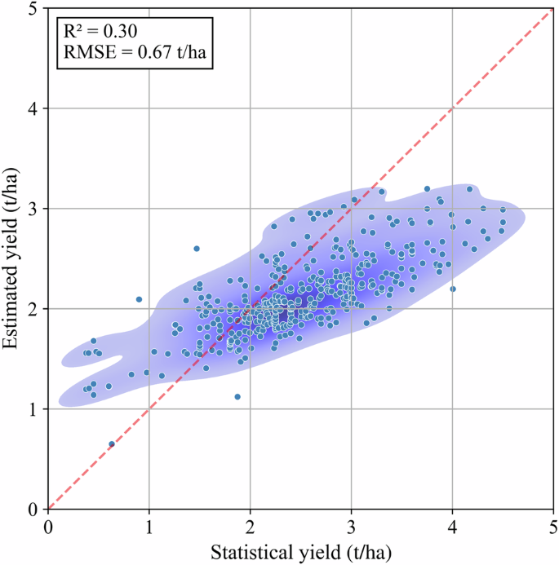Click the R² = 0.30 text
tap(100, 31)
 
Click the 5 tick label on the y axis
tap(35, 8)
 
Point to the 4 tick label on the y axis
tap(35, 108)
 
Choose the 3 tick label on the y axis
tap(35, 209)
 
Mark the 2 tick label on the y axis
tap(35, 309)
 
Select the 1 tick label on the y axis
tap(35, 409)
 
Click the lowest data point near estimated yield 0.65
tap(112, 444)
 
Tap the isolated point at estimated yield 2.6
tap(197, 248)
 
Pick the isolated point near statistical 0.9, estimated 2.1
tap(139, 299)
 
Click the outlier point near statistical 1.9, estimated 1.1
tap(237, 397)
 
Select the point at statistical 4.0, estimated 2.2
tap(453, 289)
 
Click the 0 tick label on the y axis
tap(35, 510)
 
